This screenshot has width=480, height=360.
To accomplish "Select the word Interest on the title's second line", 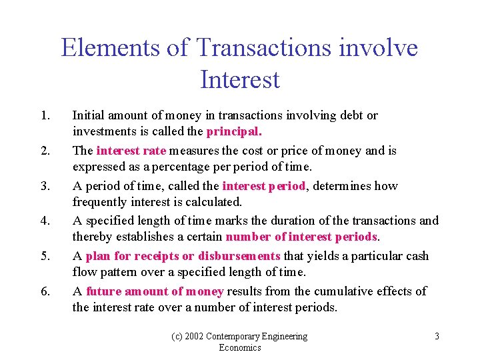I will point(239,79).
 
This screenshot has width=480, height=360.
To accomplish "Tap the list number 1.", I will point(45,115).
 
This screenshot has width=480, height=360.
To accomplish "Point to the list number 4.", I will point(45,221).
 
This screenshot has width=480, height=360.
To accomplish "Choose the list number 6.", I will point(45,291).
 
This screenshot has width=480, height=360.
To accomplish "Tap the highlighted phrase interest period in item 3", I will point(264,185).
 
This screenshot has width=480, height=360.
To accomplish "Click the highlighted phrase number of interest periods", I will point(302,237).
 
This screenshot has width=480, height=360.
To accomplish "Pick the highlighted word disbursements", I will point(239,256).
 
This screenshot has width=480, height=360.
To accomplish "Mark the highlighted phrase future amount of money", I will point(155,291).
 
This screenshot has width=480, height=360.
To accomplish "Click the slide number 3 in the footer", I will point(437,336).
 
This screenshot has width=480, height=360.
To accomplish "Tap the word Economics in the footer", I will point(240,347).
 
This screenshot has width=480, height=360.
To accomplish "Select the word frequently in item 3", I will point(99,202).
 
